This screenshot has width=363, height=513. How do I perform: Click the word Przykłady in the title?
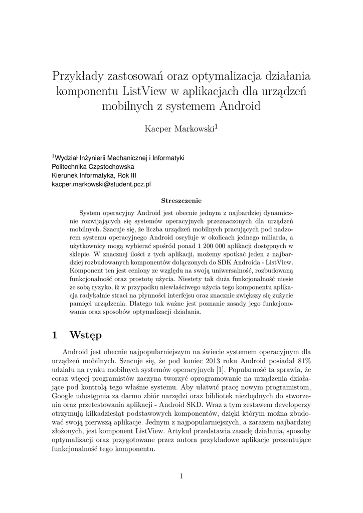[78, 77]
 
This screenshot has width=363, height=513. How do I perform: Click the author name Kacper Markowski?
[179, 129]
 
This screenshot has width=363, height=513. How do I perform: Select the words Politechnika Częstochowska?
[93, 166]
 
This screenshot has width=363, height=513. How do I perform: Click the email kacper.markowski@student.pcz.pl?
[101, 184]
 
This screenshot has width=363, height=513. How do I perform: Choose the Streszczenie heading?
[181, 200]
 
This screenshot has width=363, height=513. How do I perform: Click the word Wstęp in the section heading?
[86, 334]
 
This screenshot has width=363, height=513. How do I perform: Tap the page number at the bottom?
[181, 476]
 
